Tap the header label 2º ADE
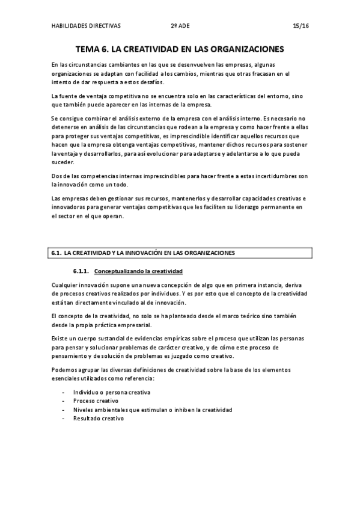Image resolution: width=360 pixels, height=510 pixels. click(x=179, y=26)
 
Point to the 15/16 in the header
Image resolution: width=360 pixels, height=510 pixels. click(x=300, y=26)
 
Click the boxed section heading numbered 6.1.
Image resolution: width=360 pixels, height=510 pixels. click(x=143, y=253)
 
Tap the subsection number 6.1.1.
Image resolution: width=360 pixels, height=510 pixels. click(x=81, y=271)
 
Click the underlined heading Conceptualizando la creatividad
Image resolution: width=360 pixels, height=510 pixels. click(x=139, y=271)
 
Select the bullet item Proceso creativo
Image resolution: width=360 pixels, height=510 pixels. click(x=96, y=401)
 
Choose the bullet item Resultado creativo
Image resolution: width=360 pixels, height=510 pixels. click(x=98, y=419)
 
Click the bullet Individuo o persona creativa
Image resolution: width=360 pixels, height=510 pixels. click(x=112, y=392)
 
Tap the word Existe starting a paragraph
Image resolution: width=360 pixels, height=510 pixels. click(x=59, y=339)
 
